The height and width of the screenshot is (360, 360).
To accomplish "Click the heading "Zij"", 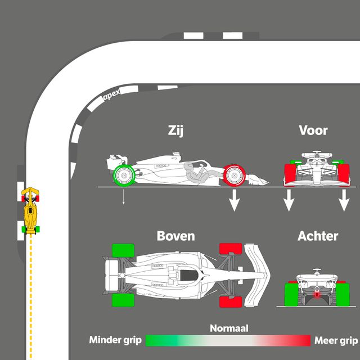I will click(176, 130).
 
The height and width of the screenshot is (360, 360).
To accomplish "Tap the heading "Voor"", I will click(313, 130).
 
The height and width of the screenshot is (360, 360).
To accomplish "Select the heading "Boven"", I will click(175, 236).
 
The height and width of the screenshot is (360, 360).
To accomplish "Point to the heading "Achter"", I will click(317, 236).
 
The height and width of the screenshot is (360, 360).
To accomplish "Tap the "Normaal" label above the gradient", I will click(229, 328).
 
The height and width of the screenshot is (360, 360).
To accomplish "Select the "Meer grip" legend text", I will click(336, 340).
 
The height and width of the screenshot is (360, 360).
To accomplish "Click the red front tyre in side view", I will click(234, 175).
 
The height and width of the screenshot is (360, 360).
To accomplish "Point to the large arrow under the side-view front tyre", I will click(234, 200).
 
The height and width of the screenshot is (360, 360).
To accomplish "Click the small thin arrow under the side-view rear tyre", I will click(123, 197).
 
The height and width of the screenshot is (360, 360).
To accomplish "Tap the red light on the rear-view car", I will click(317, 294).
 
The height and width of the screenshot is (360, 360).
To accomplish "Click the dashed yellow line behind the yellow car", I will click(30, 281).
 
